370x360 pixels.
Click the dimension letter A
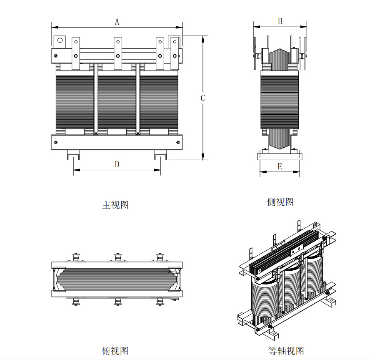click(117, 22)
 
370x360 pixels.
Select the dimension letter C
click(203, 98)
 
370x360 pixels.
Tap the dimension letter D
click(117, 164)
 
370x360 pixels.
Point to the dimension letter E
click(280, 166)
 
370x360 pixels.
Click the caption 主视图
click(115, 205)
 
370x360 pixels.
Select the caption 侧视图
click(280, 202)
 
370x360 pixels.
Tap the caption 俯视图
click(115, 350)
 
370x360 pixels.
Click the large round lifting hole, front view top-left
click(60, 40)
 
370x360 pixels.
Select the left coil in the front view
click(75, 100)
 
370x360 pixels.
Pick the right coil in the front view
click(159, 100)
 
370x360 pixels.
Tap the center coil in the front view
click(117, 100)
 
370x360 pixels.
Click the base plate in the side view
click(280, 156)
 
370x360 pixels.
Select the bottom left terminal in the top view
click(75, 301)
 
